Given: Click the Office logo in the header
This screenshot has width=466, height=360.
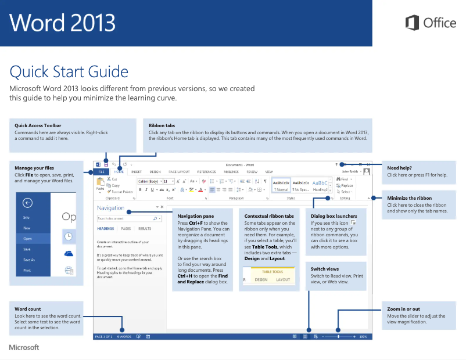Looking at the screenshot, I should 431,23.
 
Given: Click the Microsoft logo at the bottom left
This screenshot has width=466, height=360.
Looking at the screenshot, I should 24,347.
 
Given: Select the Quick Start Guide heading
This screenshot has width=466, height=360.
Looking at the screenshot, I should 69,72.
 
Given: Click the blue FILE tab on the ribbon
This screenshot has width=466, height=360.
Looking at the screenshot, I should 101,172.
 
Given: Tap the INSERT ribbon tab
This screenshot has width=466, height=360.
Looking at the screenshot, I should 137,172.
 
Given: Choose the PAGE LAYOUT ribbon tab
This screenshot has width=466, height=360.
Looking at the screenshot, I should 179,172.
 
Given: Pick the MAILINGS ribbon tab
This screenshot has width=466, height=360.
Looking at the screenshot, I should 231,172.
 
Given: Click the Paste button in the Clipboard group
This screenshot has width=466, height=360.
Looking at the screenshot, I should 100,186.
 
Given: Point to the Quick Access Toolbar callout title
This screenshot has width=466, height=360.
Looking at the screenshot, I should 38,125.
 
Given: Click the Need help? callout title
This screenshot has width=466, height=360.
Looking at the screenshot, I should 399,168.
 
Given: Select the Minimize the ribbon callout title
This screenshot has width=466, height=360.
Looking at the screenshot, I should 408,198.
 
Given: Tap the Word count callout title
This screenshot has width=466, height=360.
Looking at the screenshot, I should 27,309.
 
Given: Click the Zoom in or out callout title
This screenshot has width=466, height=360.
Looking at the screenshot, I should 403,309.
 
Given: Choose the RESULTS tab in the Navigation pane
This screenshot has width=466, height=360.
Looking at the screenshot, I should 145,229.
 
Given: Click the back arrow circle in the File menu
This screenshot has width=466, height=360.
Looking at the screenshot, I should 27,203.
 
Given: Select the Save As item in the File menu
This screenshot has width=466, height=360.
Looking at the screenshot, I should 29,260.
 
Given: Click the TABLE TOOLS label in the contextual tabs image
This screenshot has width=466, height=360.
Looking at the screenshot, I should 273,271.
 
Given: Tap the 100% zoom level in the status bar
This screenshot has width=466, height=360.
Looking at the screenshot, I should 363,336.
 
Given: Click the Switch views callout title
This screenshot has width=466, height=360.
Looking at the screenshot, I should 325,269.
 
